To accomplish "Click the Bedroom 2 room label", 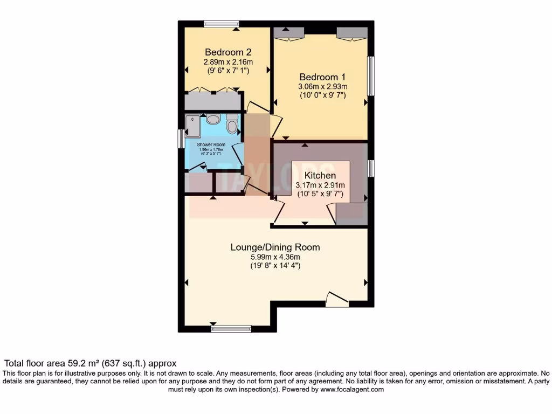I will pyautogui.click(x=228, y=52).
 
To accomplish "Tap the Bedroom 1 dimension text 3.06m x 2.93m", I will pyautogui.click(x=323, y=86).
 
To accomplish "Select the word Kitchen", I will pyautogui.click(x=320, y=176).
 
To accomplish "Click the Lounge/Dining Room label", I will pyautogui.click(x=275, y=247).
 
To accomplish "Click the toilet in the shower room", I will pyautogui.click(x=232, y=125).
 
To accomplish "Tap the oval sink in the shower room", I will pyautogui.click(x=213, y=119).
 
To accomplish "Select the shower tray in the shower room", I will pyautogui.click(x=192, y=126).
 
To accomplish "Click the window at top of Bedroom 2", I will pyautogui.click(x=222, y=23).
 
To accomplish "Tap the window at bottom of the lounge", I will pyautogui.click(x=231, y=328).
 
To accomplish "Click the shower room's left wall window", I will pyautogui.click(x=182, y=138).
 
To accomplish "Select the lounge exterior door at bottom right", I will pyautogui.click(x=337, y=300).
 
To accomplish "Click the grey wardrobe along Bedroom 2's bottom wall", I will pyautogui.click(x=212, y=101).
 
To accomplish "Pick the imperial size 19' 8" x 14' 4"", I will pyautogui.click(x=275, y=266).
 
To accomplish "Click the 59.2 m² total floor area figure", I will pyautogui.click(x=89, y=364).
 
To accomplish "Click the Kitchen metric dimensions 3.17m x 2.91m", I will pyautogui.click(x=320, y=185).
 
